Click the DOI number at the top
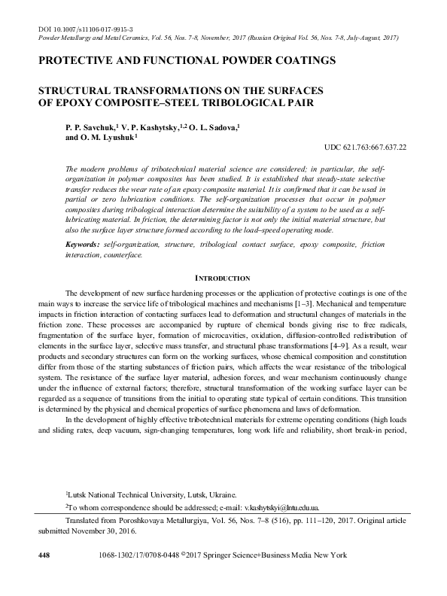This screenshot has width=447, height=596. pyautogui.click(x=87, y=27)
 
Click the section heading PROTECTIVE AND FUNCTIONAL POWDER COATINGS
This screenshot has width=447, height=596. pyautogui.click(x=186, y=59)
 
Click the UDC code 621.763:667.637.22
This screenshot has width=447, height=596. pyautogui.click(x=365, y=148)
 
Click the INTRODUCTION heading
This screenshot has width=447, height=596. pyautogui.click(x=223, y=278)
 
